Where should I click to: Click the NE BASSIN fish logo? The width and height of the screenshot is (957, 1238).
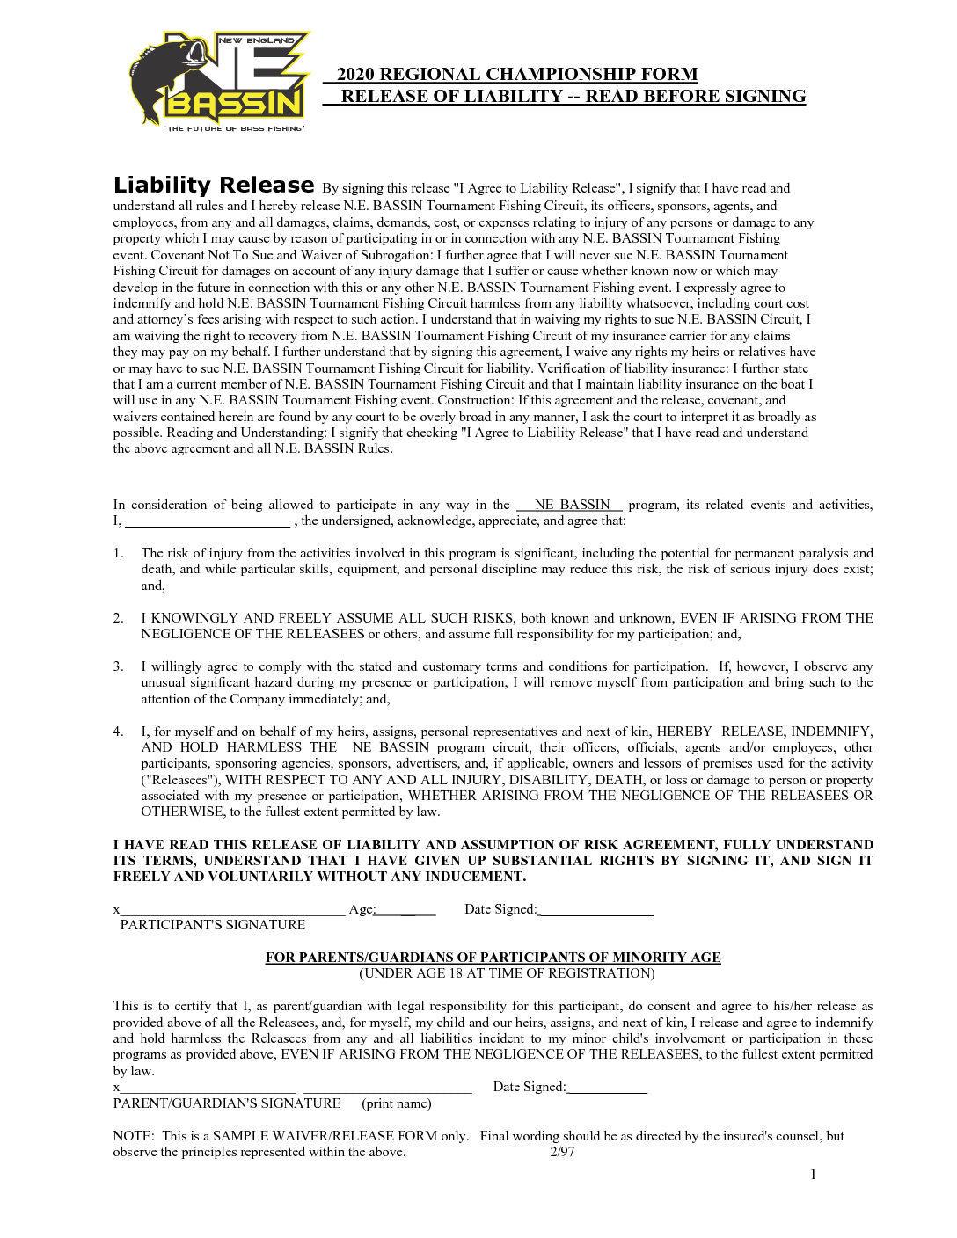(x=219, y=81)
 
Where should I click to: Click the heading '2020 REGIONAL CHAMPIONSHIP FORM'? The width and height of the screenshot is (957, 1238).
(x=517, y=75)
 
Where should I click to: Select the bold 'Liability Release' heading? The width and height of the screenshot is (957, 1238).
(x=214, y=186)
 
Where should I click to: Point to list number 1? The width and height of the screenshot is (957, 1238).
(x=118, y=553)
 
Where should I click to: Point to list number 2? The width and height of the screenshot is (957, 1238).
(x=118, y=618)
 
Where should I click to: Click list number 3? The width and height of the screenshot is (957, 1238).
(x=118, y=666)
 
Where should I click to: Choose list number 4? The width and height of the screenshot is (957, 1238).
(x=118, y=732)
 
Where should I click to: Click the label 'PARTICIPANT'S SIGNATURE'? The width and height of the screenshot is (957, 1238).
(x=213, y=925)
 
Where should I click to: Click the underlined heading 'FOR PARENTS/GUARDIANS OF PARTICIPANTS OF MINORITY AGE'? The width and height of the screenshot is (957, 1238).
(x=493, y=958)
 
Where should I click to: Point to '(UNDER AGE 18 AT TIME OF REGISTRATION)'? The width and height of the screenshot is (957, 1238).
(x=507, y=973)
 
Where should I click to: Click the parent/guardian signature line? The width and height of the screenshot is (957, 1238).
(x=208, y=1089)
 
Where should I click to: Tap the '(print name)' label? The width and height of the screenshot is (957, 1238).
(x=396, y=1103)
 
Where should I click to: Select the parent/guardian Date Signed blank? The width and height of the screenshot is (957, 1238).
(x=607, y=1089)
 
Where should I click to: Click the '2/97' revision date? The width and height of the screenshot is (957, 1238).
(x=562, y=1152)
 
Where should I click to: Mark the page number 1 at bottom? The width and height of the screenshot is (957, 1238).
(x=814, y=1175)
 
